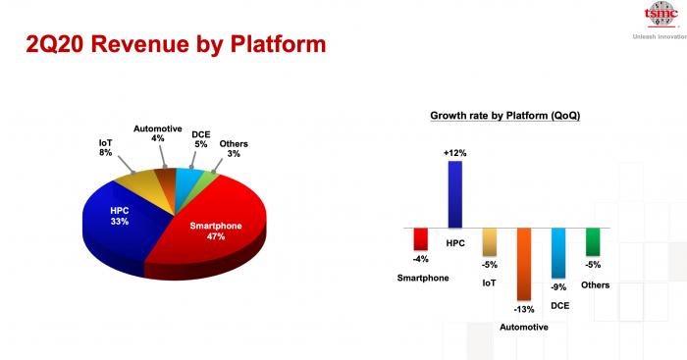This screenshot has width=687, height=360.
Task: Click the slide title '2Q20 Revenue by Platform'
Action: click(176, 45)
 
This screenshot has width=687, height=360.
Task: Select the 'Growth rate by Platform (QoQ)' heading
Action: click(504, 116)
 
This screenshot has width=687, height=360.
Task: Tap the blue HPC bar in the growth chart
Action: click(454, 194)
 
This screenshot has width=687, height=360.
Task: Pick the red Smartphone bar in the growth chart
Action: click(421, 239)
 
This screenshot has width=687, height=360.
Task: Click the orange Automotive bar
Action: click(523, 264)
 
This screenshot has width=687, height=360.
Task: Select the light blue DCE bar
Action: click(558, 253)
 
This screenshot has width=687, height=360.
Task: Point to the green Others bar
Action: click(593, 241)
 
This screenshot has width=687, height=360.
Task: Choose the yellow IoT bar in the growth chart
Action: click(490, 242)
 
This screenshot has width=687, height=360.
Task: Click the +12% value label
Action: click(454, 153)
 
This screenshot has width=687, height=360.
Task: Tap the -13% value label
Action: click(524, 309)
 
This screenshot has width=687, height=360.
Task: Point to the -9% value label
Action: click(558, 287)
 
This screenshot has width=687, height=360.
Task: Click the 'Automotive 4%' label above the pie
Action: click(158, 133)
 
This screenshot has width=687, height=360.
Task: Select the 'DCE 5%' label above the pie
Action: click(201, 139)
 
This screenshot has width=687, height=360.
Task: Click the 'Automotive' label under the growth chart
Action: click(524, 328)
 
